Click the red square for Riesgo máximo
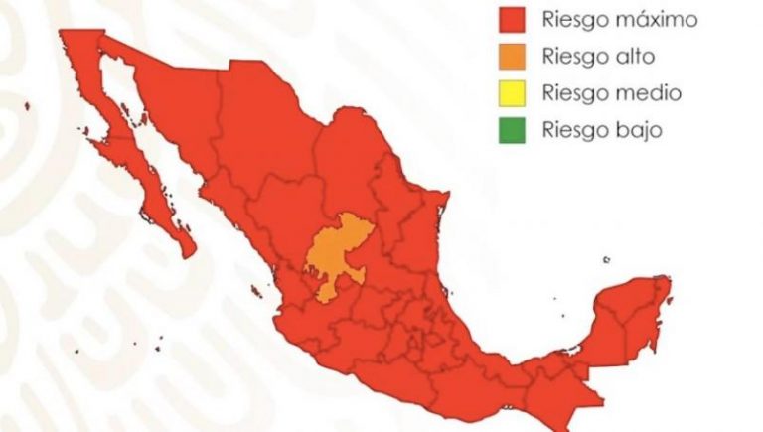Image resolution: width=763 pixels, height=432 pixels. point(512,19)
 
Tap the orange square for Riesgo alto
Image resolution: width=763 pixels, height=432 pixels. point(512,57)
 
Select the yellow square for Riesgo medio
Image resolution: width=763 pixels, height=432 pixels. point(512,93)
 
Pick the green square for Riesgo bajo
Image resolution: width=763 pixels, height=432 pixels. point(512,129)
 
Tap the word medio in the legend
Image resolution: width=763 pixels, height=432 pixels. point(648,93)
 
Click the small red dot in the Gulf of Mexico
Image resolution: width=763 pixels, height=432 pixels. point(607,260)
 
